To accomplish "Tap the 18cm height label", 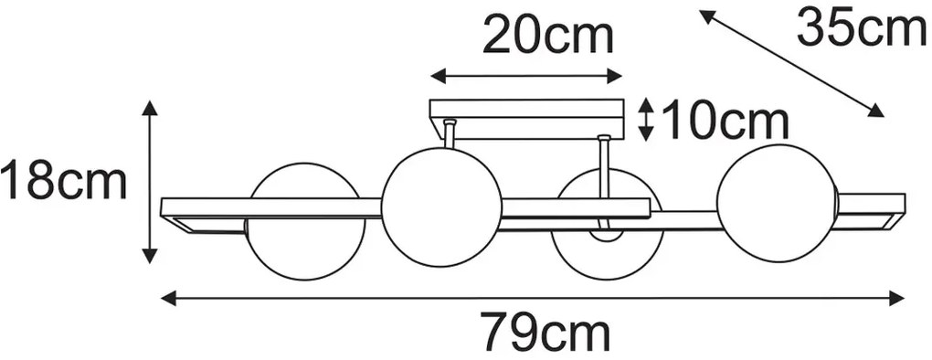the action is click(x=63, y=182).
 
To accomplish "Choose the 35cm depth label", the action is click(x=861, y=28).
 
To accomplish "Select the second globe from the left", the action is click(x=441, y=206).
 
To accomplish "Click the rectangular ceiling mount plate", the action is click(x=526, y=120).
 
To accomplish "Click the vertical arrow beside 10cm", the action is click(x=645, y=120).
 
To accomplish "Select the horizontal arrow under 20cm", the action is click(x=527, y=77).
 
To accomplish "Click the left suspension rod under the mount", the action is click(x=450, y=133).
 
